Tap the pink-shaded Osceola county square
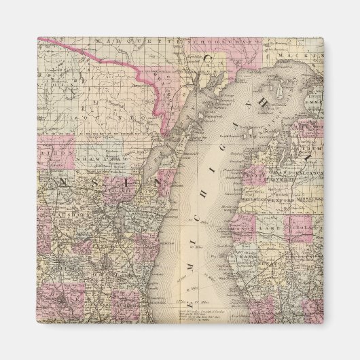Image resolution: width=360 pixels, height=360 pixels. [x=299, y=228]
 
